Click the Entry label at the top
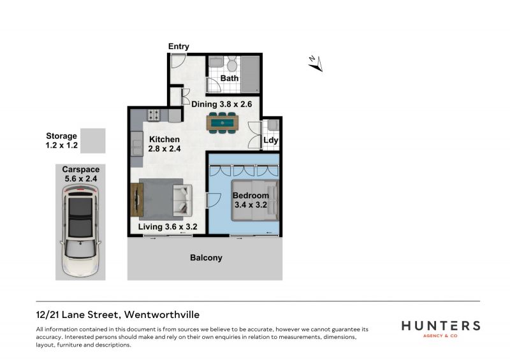pos(178,47)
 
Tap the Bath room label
pos(229,78)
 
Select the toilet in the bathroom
pos(232,64)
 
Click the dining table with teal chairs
pos(222,122)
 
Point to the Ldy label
pos(270,140)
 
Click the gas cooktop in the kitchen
pos(154,115)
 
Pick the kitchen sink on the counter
pos(137,143)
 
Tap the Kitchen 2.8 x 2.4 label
pos(164,144)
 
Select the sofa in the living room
pos(183,199)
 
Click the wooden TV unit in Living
pos(136,199)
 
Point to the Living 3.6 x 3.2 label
pos(168,227)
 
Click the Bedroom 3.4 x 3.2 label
pos(251,200)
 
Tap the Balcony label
pos(206,257)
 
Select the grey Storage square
pos(93,140)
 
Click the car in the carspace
pos(80,231)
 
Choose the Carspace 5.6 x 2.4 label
pos(81,174)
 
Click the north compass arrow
pos(316,64)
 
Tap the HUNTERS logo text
pos(441,326)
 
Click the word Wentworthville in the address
pos(162,315)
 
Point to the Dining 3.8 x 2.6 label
pos(221,104)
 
